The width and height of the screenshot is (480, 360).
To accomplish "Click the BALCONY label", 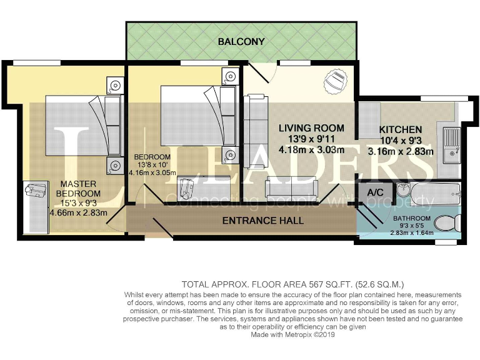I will click(241, 42).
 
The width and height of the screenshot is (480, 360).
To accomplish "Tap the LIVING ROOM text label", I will click(311, 128).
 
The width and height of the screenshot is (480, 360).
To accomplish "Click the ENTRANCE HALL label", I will click(263, 221).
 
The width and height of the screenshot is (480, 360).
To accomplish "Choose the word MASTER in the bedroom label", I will click(78, 184).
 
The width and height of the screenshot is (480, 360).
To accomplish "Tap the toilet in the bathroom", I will click(445, 223).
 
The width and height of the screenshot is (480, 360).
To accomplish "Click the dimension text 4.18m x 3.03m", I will click(311, 150).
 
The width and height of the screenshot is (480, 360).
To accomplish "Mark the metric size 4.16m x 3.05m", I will click(152, 172).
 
